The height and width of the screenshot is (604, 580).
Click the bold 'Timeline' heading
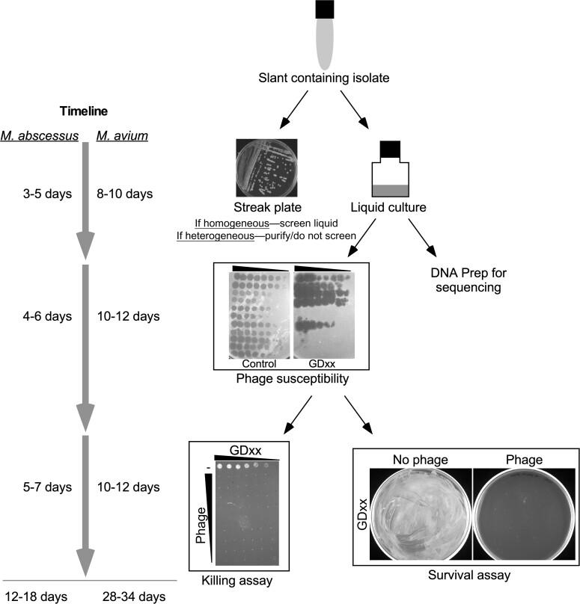click(x=84, y=111)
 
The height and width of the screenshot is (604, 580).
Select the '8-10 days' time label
click(x=126, y=194)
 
